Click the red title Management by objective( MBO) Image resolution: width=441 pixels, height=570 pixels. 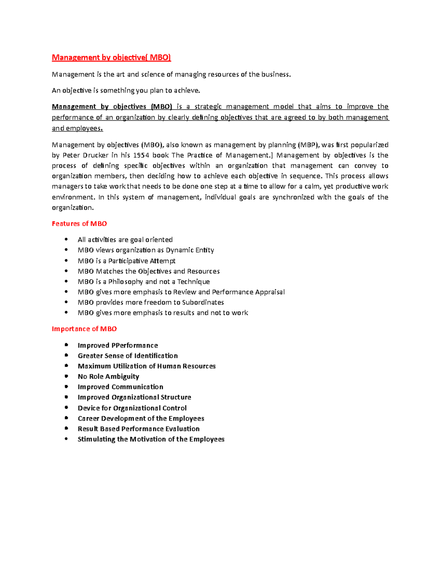111,58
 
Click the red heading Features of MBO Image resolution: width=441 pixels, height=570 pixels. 79,224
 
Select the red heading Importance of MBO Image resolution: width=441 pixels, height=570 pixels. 84,329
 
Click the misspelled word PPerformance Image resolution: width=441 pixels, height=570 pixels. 135,345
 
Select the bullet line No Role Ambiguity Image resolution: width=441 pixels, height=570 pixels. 108,377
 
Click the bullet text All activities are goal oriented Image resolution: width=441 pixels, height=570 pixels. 125,240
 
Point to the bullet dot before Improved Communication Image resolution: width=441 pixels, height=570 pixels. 66,386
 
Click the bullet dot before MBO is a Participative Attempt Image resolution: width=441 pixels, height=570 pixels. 66,261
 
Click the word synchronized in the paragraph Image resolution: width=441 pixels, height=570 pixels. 293,197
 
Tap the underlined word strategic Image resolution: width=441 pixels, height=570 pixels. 208,107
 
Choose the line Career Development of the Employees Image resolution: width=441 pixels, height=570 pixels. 141,419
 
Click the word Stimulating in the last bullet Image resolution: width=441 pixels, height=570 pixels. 96,439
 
